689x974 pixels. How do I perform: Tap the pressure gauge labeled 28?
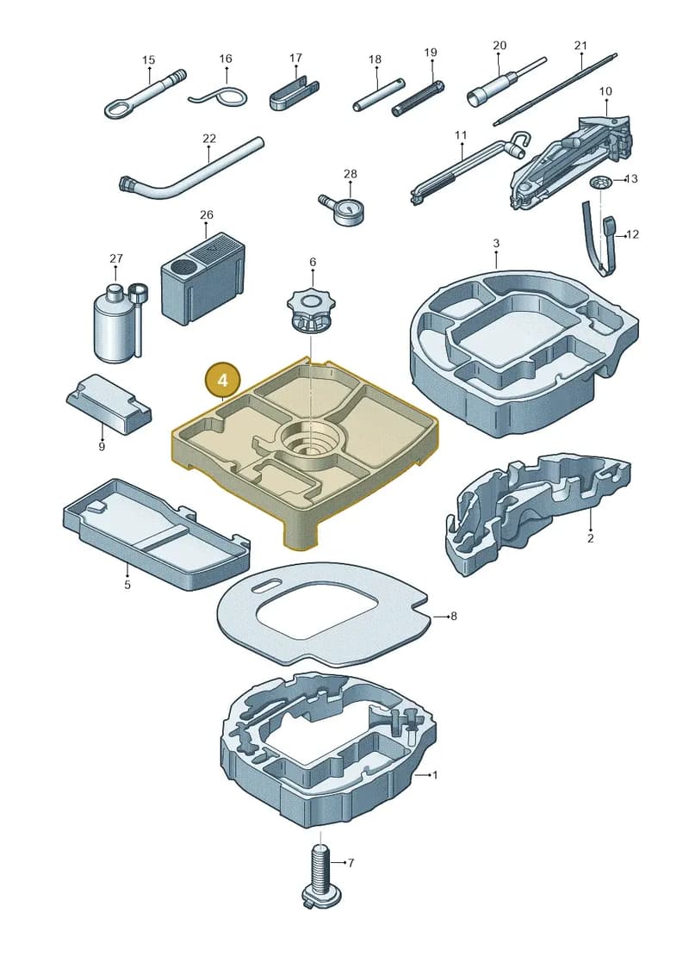[x=345, y=209]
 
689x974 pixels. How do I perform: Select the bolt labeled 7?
[x=320, y=875]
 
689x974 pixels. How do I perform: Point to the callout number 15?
[x=148, y=60]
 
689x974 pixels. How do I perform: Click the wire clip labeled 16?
[x=220, y=97]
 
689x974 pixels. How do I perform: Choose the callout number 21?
[x=580, y=46]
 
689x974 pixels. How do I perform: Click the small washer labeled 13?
[x=599, y=183]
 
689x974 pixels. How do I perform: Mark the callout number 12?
[x=632, y=234]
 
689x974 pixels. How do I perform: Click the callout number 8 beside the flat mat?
[x=454, y=617]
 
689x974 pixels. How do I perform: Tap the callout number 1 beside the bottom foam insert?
[x=435, y=775]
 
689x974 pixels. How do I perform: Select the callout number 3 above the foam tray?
[x=496, y=244]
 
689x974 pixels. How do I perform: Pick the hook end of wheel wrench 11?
[x=518, y=146]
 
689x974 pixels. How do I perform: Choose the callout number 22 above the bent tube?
[x=209, y=139]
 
